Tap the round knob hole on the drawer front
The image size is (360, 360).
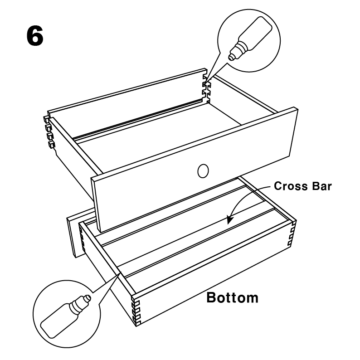point(203,171)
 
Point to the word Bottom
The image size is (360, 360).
point(232,298)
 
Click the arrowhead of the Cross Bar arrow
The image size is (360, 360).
point(229,220)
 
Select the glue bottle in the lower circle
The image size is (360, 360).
point(66,316)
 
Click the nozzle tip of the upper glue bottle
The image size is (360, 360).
point(231,58)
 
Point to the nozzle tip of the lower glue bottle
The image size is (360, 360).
point(88,298)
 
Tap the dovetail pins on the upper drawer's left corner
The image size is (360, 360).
point(49,132)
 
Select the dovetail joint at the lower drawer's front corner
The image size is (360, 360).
point(136,311)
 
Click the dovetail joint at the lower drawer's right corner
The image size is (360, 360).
point(292,233)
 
